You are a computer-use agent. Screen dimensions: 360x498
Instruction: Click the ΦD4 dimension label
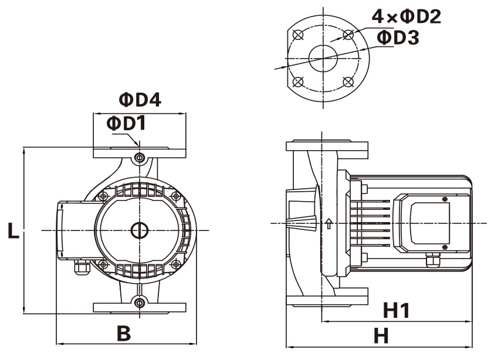140,100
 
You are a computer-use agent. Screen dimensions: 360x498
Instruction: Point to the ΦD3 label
397,38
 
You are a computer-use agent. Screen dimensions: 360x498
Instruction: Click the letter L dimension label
13,230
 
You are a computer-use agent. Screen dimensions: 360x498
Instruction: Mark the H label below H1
382,336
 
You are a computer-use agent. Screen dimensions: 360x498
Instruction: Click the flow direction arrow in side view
329,223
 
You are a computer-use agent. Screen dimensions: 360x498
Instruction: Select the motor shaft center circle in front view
140,230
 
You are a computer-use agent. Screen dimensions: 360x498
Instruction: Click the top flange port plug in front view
140,157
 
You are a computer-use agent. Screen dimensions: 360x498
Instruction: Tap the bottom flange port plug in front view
140,303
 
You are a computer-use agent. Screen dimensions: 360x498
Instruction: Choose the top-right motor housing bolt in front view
175,195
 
